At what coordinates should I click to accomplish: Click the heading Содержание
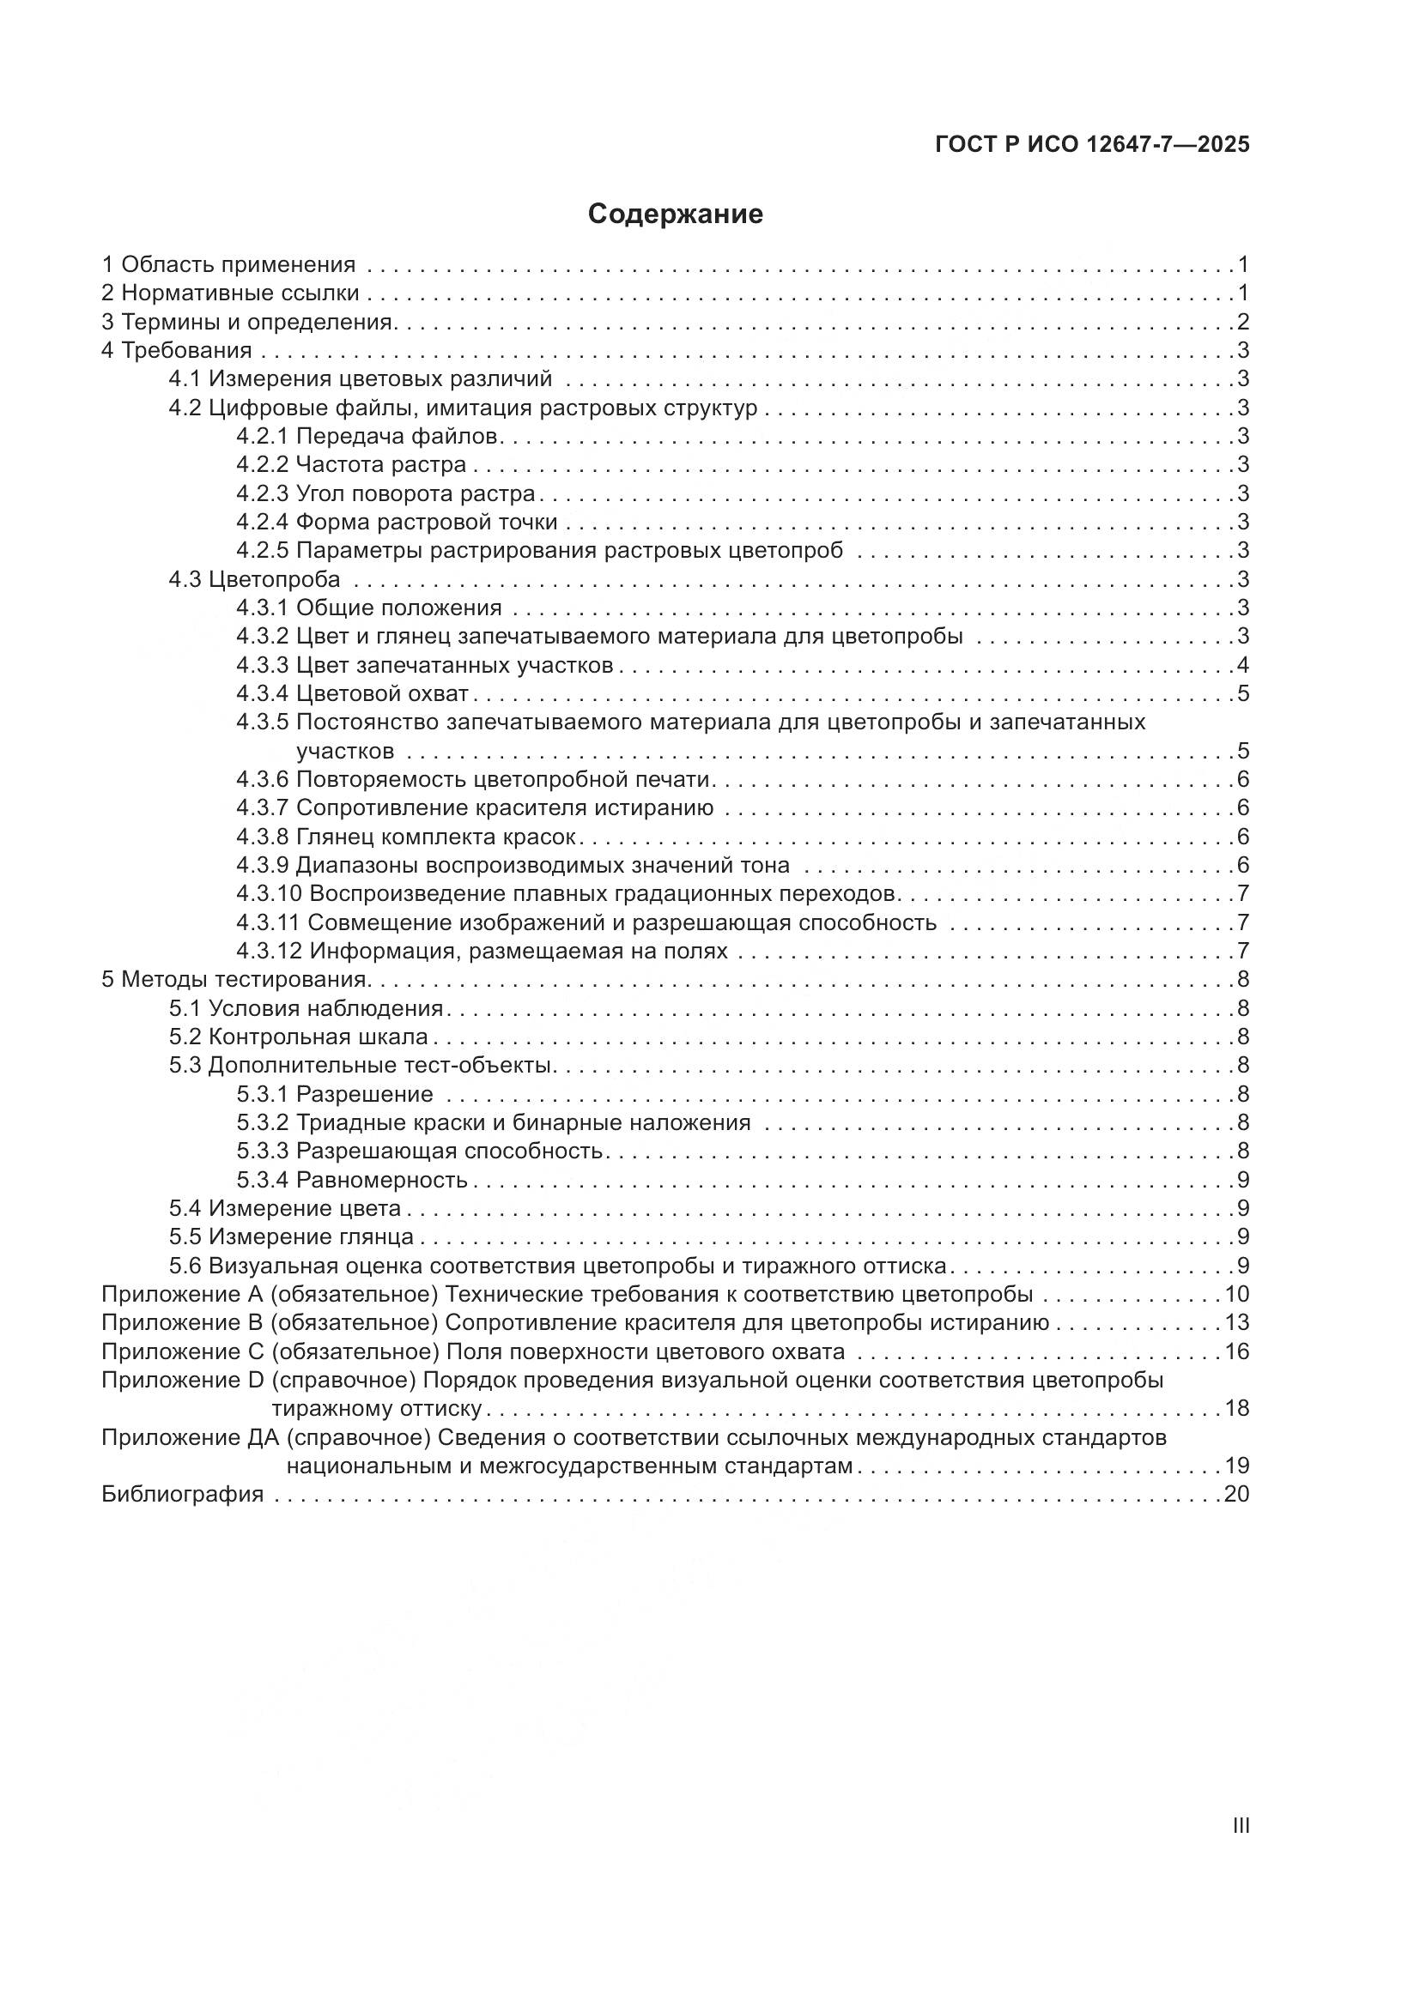coord(675,215)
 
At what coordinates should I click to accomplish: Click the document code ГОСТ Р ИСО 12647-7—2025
coord(1092,144)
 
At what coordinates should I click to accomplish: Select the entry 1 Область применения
coord(229,264)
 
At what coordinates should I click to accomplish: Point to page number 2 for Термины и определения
coord(1242,322)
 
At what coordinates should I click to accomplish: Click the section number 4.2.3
coord(262,493)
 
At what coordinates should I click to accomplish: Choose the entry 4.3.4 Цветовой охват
coord(352,694)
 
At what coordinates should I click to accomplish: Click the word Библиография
coord(183,1494)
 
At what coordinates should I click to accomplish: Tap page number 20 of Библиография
coord(1236,1494)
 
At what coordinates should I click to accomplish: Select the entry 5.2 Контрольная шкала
coord(298,1037)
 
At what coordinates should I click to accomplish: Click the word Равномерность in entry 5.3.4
coord(382,1180)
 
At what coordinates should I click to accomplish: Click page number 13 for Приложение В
coord(1236,1322)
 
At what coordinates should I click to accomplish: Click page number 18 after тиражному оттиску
coord(1236,1408)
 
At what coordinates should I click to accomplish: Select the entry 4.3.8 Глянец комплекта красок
coord(406,837)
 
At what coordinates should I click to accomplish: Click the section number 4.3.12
coord(269,951)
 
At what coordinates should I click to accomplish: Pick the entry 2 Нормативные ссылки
coord(231,293)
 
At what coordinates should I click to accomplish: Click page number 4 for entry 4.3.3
coord(1242,665)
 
